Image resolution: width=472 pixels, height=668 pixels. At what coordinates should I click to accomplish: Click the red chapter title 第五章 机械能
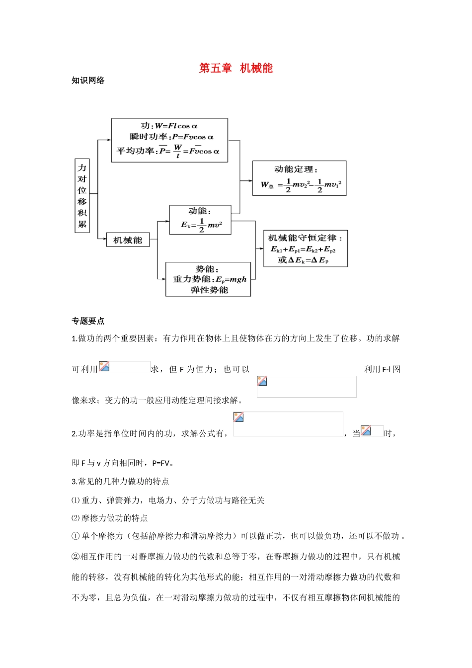236,68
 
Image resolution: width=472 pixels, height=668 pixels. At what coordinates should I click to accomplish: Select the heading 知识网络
88,81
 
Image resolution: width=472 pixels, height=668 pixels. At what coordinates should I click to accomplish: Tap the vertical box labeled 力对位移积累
82,196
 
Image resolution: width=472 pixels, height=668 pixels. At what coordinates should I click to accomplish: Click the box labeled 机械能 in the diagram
128,241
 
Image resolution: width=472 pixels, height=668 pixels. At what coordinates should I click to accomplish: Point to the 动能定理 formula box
299,178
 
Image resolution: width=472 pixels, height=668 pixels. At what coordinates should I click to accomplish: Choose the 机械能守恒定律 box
305,249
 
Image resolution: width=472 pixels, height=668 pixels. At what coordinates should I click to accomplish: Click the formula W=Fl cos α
169,126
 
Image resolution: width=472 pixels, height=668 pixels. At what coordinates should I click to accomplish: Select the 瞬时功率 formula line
171,137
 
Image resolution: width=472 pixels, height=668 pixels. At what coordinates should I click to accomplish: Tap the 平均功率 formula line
168,151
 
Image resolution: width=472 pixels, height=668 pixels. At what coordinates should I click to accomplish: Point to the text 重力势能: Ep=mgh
209,279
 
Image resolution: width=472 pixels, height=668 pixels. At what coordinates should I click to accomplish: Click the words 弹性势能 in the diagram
209,290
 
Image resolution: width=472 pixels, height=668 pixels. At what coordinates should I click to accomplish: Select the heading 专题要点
88,321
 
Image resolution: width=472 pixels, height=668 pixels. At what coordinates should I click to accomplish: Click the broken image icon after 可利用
104,367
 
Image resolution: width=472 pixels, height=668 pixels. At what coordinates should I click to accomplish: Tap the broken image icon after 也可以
262,381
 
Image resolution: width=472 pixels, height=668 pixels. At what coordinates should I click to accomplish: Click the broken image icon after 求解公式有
238,417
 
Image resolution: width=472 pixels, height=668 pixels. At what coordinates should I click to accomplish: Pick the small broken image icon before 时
366,431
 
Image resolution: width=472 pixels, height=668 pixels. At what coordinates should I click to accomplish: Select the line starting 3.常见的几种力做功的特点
120,482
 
